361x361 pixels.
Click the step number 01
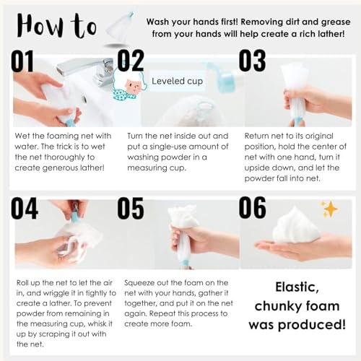point(22,61)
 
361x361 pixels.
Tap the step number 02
point(131,61)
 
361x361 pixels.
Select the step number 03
point(252,61)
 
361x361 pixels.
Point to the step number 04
point(25,208)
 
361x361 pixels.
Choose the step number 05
point(131,208)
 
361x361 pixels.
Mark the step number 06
point(253,207)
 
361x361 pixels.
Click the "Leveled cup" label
point(177,81)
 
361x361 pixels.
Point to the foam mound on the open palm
point(295,225)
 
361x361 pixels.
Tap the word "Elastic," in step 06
point(297,287)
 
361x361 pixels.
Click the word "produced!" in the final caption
point(312,325)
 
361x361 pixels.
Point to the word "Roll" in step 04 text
point(22,282)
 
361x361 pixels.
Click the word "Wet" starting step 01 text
point(22,136)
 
